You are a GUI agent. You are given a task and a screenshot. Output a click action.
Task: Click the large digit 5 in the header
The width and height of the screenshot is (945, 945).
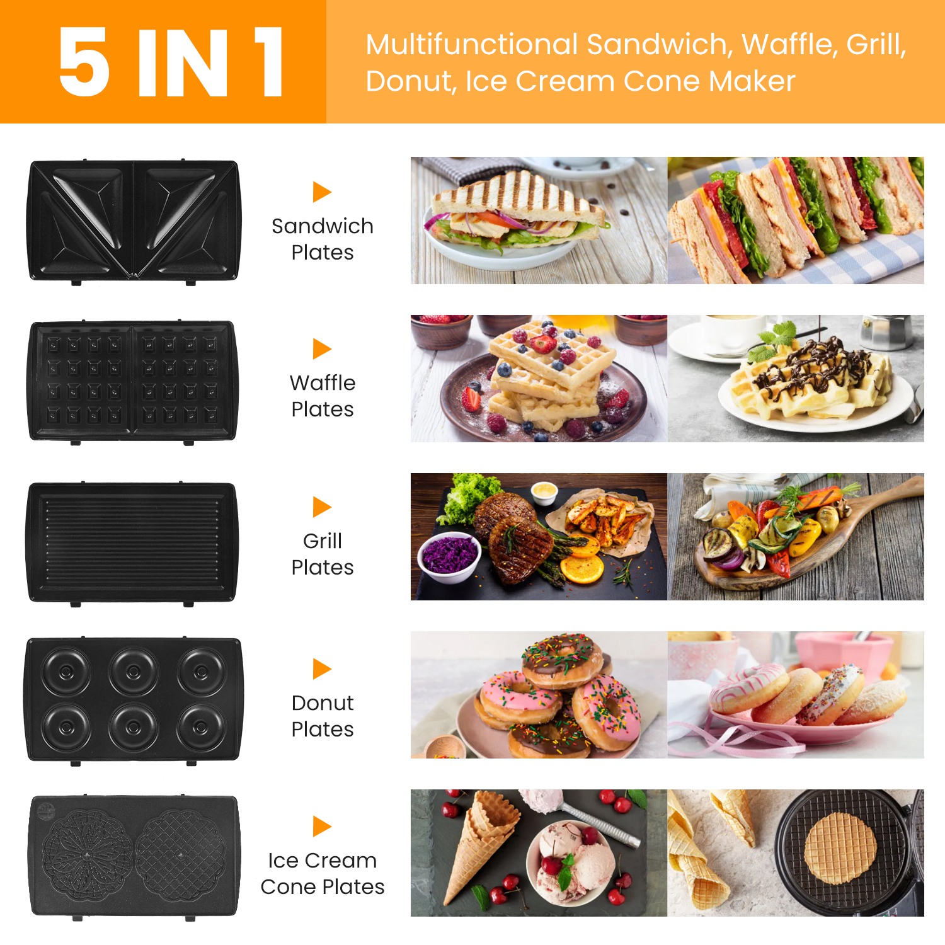pyautogui.click(x=85, y=62)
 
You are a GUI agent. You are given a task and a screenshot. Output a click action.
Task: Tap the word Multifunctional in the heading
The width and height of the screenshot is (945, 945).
pyautogui.click(x=472, y=45)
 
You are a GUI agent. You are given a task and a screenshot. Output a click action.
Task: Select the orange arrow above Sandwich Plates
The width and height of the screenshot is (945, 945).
pyautogui.click(x=322, y=192)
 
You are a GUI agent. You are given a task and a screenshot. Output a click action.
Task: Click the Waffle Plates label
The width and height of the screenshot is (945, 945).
pyautogui.click(x=323, y=396)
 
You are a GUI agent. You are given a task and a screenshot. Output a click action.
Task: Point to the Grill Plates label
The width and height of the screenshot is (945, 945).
pyautogui.click(x=323, y=554)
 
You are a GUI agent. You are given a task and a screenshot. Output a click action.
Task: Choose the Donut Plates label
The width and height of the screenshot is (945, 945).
pyautogui.click(x=323, y=716)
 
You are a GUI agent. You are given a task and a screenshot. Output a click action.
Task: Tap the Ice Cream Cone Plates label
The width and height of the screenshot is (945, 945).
pyautogui.click(x=323, y=873)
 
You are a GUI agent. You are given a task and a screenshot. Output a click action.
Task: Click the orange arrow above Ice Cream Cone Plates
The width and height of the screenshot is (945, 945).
pyautogui.click(x=322, y=826)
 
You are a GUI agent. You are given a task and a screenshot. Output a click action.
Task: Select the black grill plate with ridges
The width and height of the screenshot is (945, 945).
pyautogui.click(x=132, y=543)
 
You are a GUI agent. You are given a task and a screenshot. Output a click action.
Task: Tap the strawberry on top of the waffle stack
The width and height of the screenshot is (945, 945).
pyautogui.click(x=542, y=344)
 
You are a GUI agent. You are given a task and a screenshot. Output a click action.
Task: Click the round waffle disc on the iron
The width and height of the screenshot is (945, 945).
pyautogui.click(x=840, y=847)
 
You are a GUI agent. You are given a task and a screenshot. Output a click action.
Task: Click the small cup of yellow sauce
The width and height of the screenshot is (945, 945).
pyautogui.click(x=545, y=492)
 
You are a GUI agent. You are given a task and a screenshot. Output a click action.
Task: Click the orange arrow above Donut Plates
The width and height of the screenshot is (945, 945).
pyautogui.click(x=322, y=668)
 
